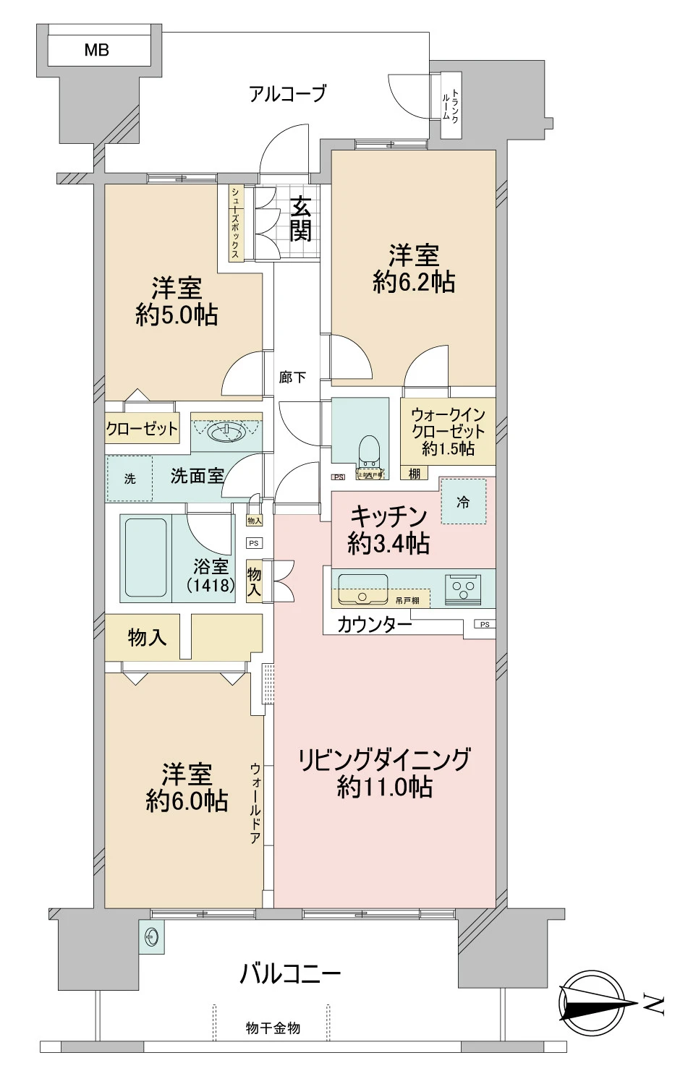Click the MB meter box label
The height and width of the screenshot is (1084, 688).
tap(96, 50)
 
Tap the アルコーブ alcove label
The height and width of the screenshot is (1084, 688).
tap(287, 93)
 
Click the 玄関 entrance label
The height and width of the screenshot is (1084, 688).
tap(301, 219)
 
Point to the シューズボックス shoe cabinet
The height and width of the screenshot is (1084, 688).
tap(236, 223)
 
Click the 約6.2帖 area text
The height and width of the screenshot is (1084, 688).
tap(414, 281)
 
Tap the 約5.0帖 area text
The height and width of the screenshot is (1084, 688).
tap(177, 315)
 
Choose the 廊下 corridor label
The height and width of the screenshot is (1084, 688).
tap(293, 377)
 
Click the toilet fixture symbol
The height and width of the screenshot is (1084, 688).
tap(370, 453)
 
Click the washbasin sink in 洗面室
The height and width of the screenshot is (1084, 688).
tap(226, 432)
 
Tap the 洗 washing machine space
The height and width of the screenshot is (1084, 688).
tap(129, 478)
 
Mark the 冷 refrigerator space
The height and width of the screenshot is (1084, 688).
tap(463, 501)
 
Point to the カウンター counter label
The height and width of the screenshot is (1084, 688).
tap(374, 623)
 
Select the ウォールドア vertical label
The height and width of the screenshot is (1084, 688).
tap(255, 803)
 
